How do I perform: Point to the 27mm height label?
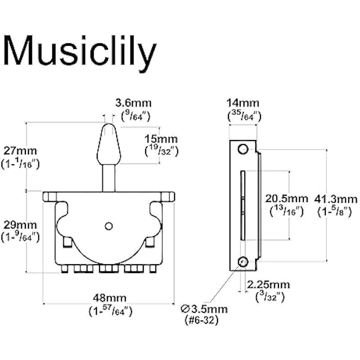(21, 150)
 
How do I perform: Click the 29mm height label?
(21, 224)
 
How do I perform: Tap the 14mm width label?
(244, 103)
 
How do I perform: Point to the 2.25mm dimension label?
(269, 285)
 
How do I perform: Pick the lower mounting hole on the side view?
(243, 261)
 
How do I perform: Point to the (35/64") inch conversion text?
(244, 115)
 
